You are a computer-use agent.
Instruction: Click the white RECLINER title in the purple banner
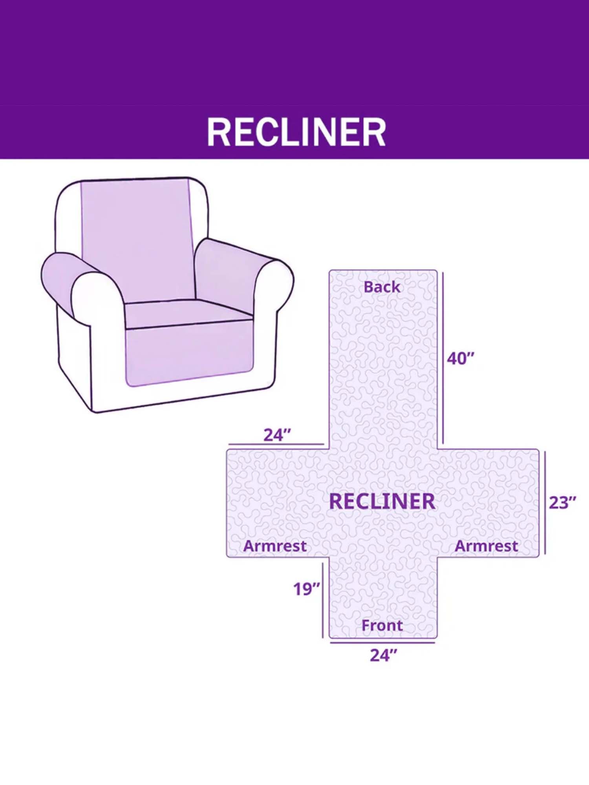pos(296,132)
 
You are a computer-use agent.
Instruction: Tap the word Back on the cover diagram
pos(382,287)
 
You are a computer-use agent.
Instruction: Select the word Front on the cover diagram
pos(382,625)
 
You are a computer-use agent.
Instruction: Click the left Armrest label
pos(275,546)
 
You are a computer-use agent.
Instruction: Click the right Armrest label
pos(487,546)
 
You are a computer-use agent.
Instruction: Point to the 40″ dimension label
pos(461,358)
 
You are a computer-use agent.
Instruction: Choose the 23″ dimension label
pos(562,503)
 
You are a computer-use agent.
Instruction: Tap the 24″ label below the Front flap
pos(383,655)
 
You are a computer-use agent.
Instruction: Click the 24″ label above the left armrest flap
pos(277,435)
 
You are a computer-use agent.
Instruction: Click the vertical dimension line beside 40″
pos(443,358)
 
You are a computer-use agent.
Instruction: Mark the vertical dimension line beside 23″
pos(545,503)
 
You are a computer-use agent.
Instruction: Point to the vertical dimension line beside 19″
pos(323,600)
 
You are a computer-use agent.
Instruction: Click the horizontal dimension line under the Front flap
pos(382,643)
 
